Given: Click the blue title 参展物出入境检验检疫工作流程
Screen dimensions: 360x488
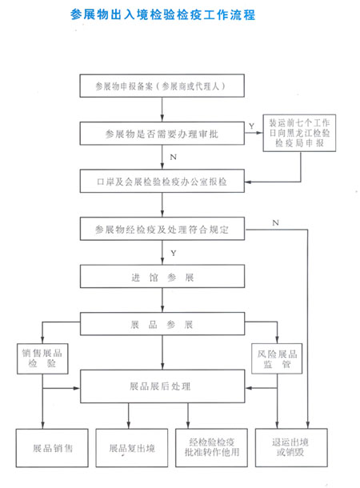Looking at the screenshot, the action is (x=162, y=14).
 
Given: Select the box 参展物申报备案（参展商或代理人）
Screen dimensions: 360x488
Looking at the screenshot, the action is (x=162, y=86).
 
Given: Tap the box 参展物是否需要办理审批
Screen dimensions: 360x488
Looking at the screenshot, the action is (x=162, y=134).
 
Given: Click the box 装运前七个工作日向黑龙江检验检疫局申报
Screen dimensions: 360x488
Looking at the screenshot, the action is (x=299, y=133).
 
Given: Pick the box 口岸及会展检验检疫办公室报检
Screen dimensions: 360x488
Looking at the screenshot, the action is (x=162, y=181).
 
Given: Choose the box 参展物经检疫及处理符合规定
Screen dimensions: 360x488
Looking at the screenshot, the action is (x=162, y=229).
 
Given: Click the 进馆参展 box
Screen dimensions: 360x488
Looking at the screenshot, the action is (x=162, y=276).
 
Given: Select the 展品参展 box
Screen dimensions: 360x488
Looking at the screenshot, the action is (x=162, y=324).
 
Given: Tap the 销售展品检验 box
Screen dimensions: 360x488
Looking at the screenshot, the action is (x=42, y=358).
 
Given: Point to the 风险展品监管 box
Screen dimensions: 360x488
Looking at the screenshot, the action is (x=277, y=358).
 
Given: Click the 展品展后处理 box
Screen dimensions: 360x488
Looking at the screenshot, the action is (x=162, y=386).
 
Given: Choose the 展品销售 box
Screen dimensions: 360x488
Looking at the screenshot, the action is (x=52, y=448).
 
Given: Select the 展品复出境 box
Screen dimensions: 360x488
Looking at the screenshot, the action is (x=132, y=448).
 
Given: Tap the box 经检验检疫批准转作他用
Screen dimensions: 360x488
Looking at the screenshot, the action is (x=211, y=448).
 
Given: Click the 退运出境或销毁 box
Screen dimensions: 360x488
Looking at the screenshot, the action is (x=291, y=447).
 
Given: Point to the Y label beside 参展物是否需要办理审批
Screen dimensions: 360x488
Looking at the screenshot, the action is (x=251, y=126).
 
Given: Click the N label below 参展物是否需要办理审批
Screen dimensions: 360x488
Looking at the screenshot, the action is (x=174, y=157).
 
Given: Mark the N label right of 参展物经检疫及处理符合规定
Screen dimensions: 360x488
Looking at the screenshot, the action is (x=275, y=223).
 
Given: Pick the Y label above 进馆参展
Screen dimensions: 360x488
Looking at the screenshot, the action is (x=174, y=253).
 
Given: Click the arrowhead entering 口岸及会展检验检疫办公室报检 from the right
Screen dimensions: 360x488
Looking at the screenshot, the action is (x=248, y=182).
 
